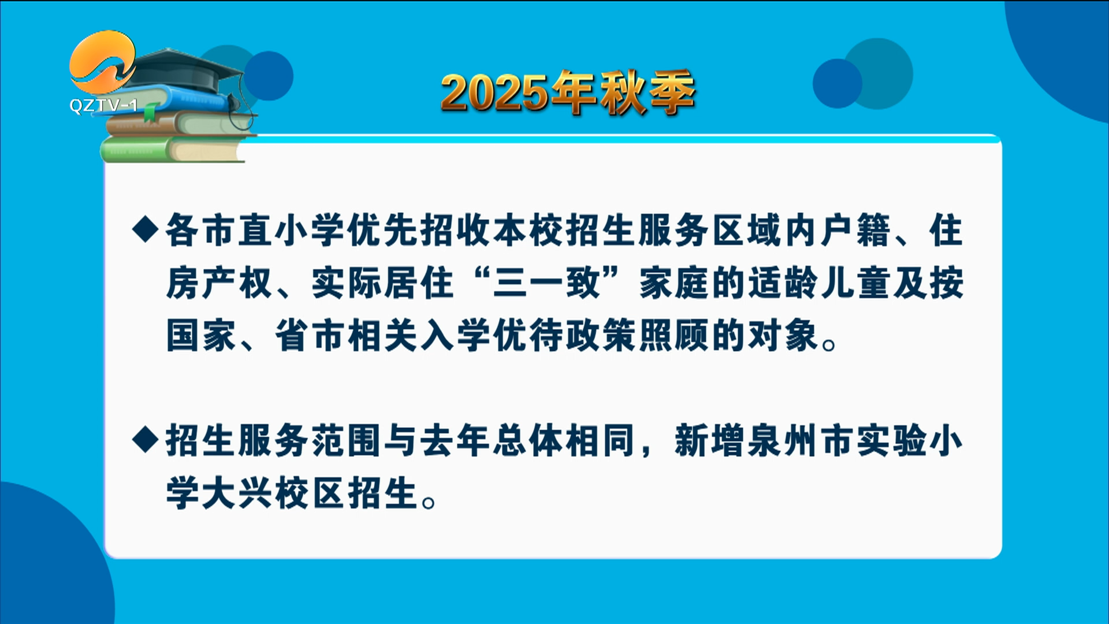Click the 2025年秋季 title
point(568,92)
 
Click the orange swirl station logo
point(103,62)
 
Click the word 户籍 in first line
point(857,230)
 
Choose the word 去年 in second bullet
point(456,440)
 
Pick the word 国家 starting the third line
point(201,336)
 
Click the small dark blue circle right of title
point(837,83)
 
